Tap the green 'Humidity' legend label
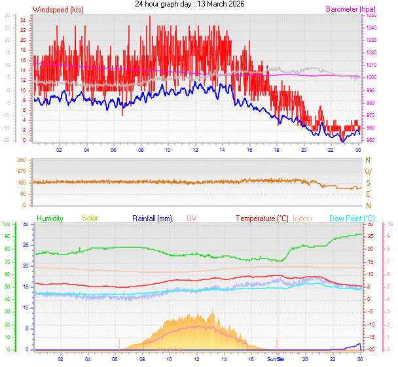pos(50,218)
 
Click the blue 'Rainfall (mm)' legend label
pos(152,218)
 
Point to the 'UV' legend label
pos(191,218)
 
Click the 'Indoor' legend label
pos(303,218)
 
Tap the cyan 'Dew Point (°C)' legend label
pos(352,218)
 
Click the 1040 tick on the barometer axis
pos(371,27)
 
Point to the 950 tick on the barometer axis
pos(370,141)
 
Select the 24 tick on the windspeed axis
pos(23,20)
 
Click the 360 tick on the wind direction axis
pos(21,160)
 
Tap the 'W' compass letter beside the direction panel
pos(368,171)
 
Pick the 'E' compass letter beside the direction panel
pos(368,194)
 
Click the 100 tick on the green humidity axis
pos(7,224)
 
